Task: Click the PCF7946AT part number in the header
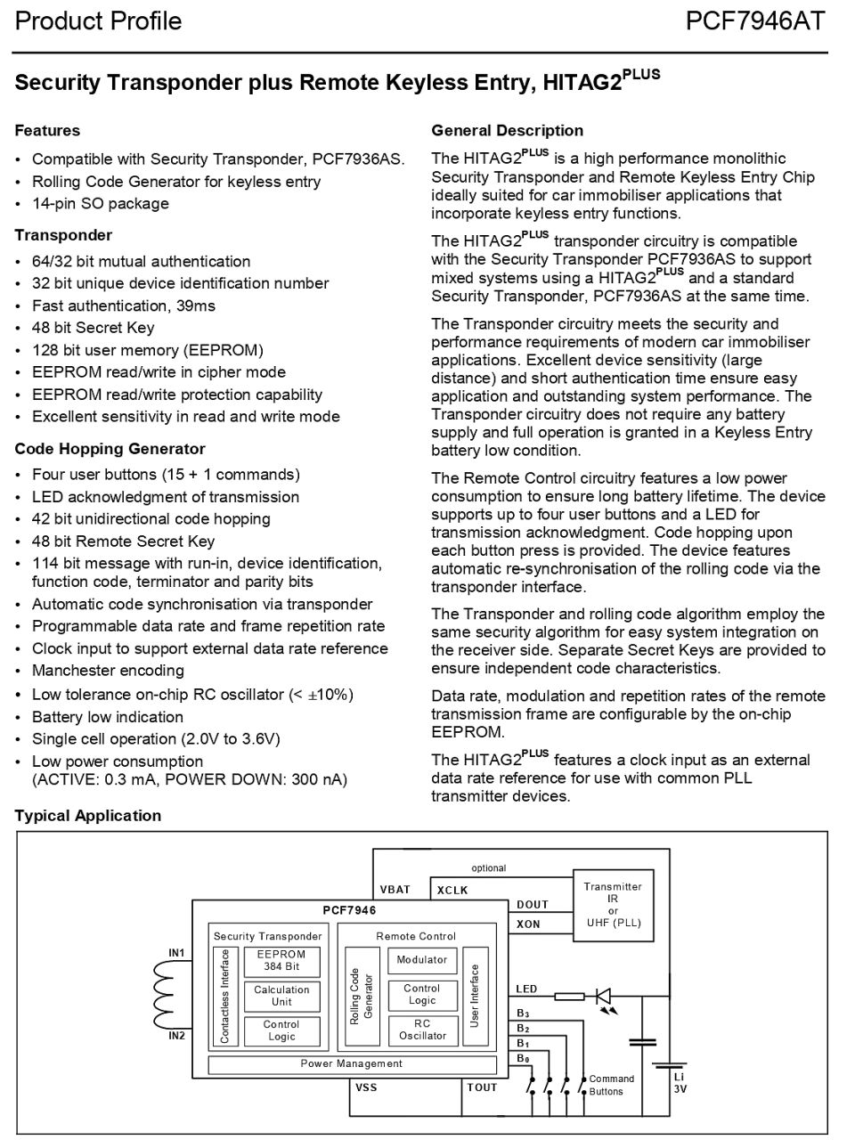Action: (755, 21)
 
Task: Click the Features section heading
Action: (47, 131)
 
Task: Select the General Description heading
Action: (507, 131)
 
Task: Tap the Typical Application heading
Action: (88, 816)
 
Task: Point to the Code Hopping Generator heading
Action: (110, 449)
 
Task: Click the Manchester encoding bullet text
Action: (108, 671)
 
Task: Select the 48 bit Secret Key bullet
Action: (93, 328)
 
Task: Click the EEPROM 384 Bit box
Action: (281, 960)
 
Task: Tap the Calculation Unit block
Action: (281, 996)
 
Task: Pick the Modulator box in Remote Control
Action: (422, 960)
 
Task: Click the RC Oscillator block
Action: (422, 1030)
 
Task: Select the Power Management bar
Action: (352, 1063)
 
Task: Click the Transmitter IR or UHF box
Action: (613, 904)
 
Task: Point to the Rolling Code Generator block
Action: (362, 996)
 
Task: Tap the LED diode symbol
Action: (603, 996)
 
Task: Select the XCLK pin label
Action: (452, 890)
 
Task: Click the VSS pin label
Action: (366, 1087)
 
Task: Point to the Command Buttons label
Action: (612, 1085)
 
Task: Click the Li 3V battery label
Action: (680, 1082)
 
